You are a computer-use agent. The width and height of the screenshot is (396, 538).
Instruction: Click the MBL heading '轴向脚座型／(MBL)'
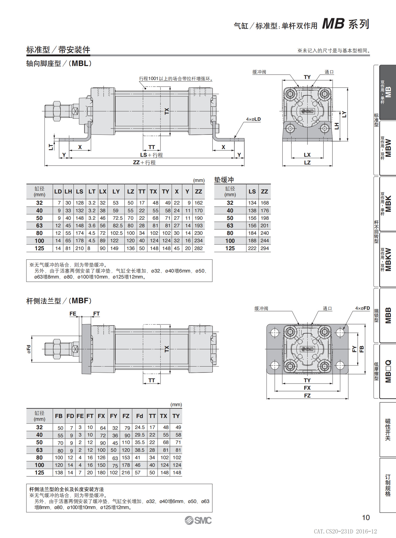tap(59, 63)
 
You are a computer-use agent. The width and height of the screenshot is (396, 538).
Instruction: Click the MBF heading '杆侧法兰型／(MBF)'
tap(59, 301)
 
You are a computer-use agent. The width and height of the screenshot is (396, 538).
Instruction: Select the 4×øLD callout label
tap(253, 119)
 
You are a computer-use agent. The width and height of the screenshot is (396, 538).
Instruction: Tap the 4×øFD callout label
tap(362, 308)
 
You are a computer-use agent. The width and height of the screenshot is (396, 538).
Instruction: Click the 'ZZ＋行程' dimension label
tap(144, 163)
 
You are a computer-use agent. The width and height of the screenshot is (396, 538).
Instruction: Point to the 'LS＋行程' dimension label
tap(151, 155)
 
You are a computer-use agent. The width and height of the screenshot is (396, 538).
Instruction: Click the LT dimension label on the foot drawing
tap(51, 147)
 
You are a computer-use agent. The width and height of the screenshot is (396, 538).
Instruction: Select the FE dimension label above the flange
tap(73, 314)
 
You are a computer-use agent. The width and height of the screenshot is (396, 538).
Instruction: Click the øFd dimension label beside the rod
tap(29, 349)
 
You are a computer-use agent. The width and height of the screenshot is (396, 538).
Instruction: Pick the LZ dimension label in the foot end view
tap(307, 163)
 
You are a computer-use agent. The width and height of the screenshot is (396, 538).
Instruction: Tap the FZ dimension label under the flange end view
tap(307, 395)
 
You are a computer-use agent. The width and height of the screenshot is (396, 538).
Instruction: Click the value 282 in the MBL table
tap(198, 248)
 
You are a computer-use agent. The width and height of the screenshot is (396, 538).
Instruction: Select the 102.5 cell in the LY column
tap(116, 233)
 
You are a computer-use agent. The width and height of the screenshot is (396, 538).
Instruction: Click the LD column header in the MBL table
tap(58, 191)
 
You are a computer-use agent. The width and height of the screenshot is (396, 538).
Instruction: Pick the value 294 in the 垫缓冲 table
tap(264, 248)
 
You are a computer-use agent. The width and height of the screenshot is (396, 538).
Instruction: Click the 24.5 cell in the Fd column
tap(139, 427)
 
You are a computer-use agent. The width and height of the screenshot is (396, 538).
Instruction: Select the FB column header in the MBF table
tap(59, 416)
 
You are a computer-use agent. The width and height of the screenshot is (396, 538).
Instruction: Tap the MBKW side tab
tap(388, 259)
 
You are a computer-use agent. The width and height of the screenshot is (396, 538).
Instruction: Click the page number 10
tap(366, 518)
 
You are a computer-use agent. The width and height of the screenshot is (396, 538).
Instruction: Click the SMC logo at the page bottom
tap(198, 520)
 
